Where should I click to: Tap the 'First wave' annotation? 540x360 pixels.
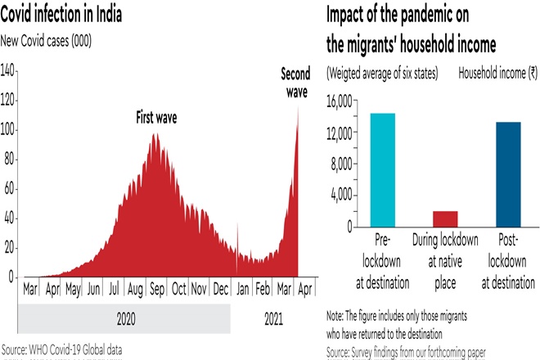tap(156, 118)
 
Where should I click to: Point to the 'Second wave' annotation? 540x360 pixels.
tap(295, 83)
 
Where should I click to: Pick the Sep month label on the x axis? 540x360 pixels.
tap(156, 289)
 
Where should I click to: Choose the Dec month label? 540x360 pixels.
tap(221, 289)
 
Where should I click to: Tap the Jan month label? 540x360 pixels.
tap(242, 289)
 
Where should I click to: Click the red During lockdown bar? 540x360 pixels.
tap(445, 218)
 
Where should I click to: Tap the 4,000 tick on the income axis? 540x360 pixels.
tap(342, 195)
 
